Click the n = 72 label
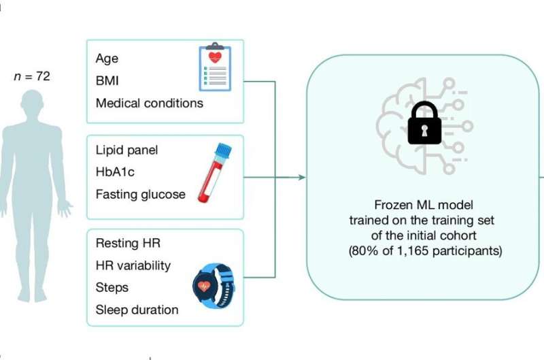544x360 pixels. (x=32, y=77)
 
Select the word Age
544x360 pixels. (x=107, y=58)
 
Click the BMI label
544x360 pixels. (x=108, y=80)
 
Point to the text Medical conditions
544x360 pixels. (x=149, y=103)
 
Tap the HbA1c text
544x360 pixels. (x=115, y=172)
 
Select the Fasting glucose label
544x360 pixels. (x=140, y=195)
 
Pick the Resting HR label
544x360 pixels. (x=128, y=243)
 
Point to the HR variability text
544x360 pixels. (x=133, y=265)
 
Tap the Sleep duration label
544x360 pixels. (x=137, y=310)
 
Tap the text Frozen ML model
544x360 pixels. (x=425, y=205)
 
